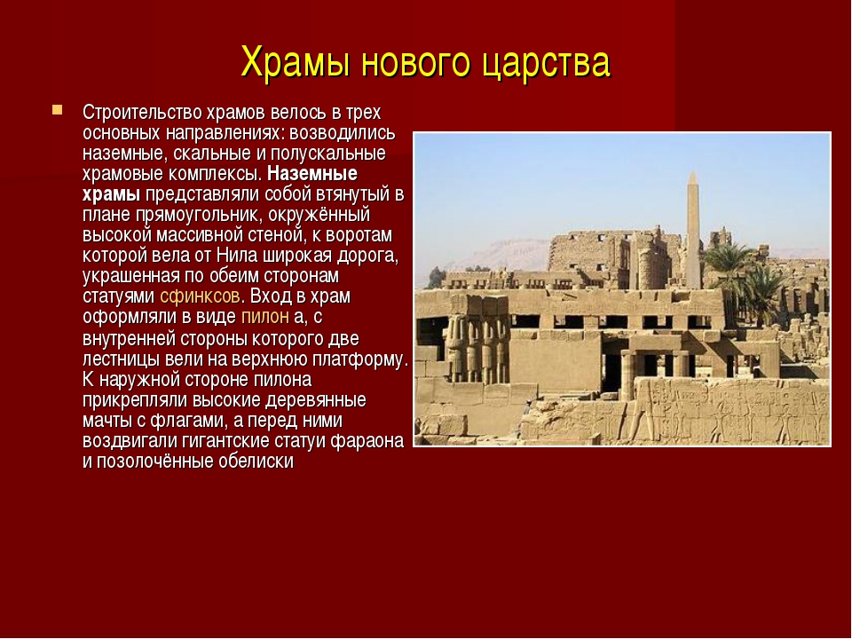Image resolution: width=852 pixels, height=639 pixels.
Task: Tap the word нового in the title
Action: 417,63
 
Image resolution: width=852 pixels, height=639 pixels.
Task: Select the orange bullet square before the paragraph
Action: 57,110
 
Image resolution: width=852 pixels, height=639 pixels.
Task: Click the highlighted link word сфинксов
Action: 200,296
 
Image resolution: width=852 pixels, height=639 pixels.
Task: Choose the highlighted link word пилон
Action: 264,317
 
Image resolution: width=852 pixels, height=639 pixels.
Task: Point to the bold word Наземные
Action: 312,174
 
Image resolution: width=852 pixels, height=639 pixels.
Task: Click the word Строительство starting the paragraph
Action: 142,113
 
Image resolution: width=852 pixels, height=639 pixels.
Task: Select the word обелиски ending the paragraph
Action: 256,461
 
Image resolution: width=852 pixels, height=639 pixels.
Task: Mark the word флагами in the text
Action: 188,421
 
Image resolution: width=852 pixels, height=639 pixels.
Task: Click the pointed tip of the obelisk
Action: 693,171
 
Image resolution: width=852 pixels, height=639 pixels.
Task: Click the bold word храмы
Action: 112,195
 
